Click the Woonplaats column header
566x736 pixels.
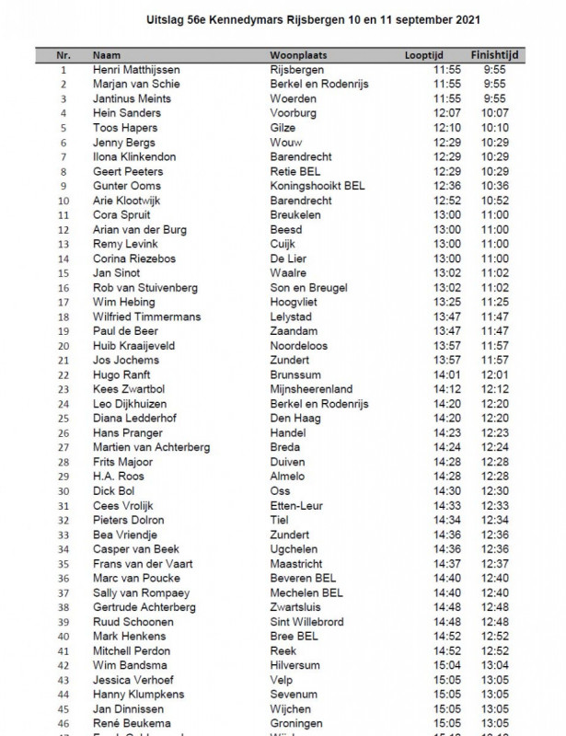299,55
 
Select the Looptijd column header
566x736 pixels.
422,55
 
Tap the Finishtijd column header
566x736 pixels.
495,55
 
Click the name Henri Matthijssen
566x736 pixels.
137,70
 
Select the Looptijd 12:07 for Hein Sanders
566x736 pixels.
447,113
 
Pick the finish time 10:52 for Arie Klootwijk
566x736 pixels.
495,201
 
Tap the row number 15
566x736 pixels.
64,273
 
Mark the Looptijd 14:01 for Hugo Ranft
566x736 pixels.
447,374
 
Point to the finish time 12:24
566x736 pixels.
495,447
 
